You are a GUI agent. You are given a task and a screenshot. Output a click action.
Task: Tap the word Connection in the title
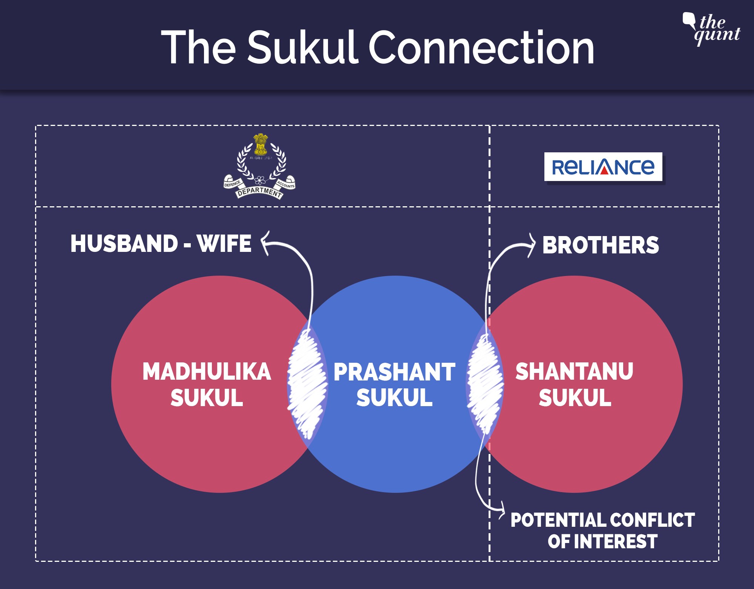(x=481, y=48)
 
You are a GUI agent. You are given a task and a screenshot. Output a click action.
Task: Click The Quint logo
(x=712, y=29)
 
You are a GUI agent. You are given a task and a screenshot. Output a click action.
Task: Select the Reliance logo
(x=603, y=167)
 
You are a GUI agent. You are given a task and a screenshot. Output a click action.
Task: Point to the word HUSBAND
(x=124, y=244)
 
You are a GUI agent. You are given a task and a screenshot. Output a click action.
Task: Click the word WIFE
(x=224, y=244)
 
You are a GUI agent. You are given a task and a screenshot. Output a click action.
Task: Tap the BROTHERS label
(x=601, y=245)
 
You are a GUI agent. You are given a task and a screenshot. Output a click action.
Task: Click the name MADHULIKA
(x=207, y=372)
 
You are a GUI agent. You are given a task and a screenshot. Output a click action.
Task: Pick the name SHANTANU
(x=574, y=372)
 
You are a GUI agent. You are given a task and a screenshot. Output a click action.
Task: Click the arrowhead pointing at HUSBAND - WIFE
(x=265, y=243)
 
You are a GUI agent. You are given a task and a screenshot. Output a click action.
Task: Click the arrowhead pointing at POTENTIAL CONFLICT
(x=502, y=511)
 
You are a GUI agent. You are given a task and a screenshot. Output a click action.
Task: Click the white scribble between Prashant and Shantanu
(x=485, y=385)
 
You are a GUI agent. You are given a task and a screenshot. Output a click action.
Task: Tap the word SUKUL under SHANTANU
(x=575, y=397)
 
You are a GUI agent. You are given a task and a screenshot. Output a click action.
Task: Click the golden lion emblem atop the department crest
(x=260, y=144)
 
